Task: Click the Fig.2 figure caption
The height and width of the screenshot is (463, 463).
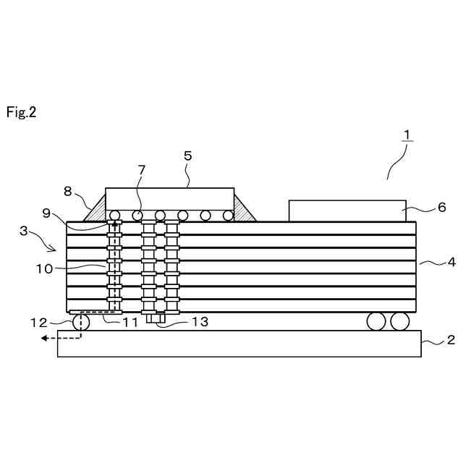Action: (21, 112)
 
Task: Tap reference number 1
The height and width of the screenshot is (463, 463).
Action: (407, 135)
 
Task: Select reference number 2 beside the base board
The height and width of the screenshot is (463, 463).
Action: (449, 339)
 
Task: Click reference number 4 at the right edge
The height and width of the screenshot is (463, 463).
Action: (451, 262)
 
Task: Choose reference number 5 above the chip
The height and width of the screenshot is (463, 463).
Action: (187, 156)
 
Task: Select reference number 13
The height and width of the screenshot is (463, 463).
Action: (200, 322)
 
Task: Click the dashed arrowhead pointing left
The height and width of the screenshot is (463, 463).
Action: (43, 337)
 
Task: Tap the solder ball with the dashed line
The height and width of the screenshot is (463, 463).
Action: (80, 322)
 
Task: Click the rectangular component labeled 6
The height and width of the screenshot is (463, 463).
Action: (347, 211)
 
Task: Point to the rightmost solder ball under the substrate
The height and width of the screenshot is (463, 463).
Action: (399, 321)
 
